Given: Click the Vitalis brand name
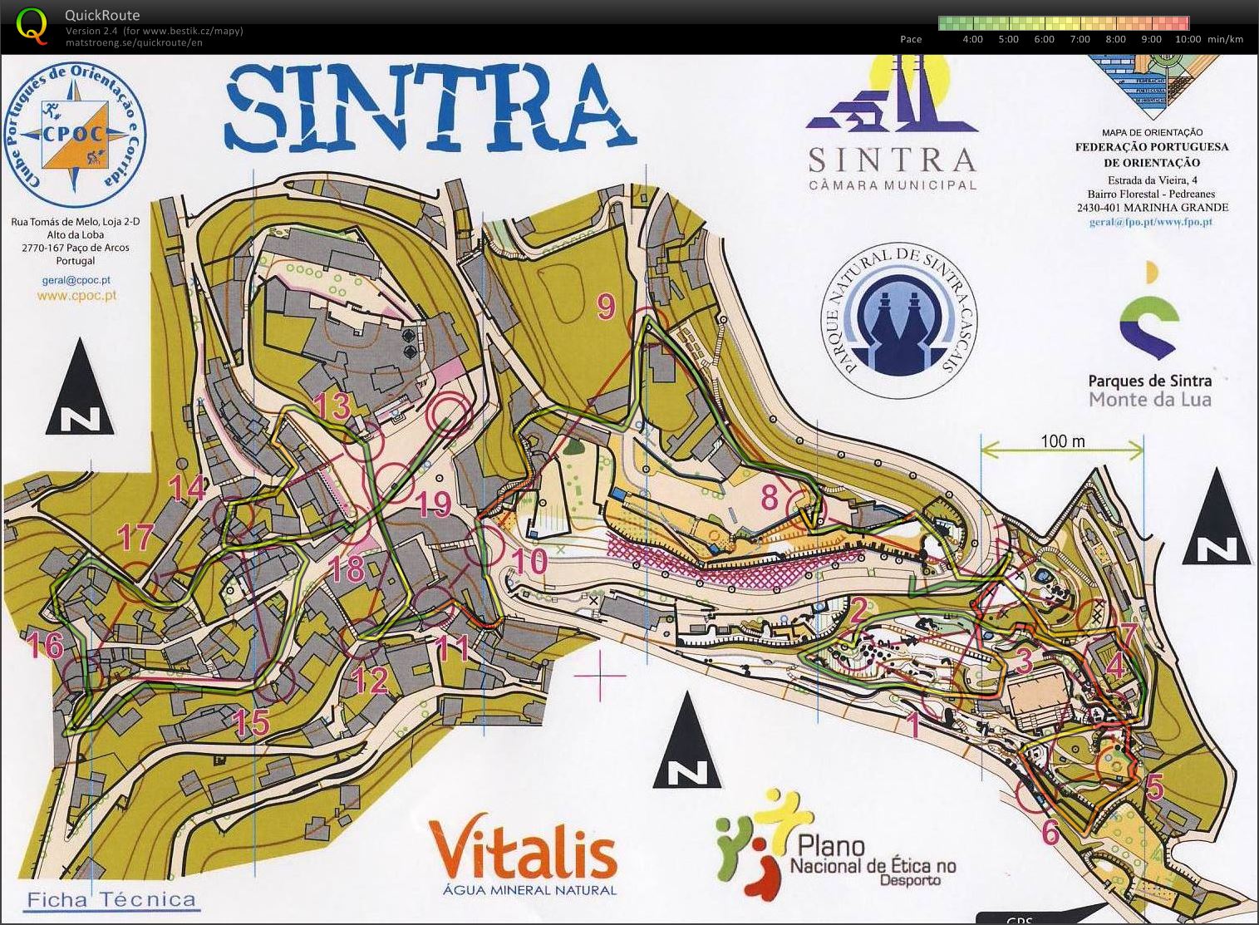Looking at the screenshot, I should pos(523,854).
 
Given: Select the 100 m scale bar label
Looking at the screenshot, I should pos(1062,440).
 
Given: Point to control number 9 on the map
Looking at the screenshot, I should pos(606,307).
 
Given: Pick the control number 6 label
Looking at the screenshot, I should pos(1050,832).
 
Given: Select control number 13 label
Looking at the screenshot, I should pos(331,407).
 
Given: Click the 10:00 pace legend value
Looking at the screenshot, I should pos(1188,39).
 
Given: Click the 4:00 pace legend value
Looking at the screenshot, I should pos(972,39).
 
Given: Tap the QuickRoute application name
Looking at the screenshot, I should pos(102,15).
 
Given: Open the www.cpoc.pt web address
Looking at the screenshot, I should pos(76,295).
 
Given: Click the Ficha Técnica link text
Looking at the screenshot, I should pos(111,899).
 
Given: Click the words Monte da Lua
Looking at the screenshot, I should pos(1149,400).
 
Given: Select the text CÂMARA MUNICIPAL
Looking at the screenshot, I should pos(893,185).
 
